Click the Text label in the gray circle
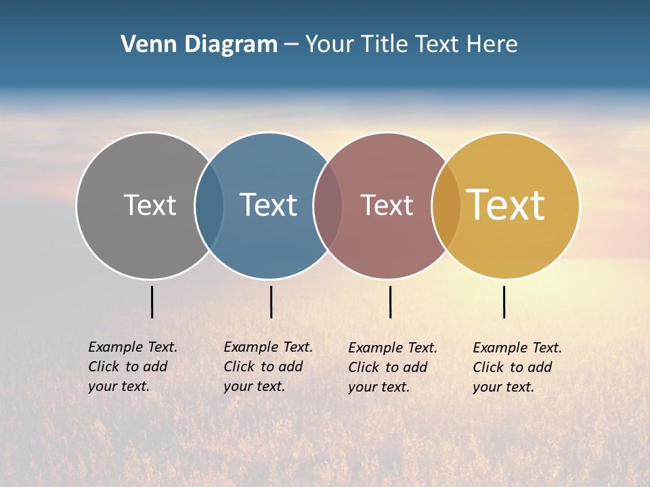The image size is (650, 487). [150, 205]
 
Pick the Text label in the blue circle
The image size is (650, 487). [269, 205]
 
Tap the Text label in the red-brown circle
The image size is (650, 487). [387, 205]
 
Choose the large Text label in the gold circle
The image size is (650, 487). [506, 205]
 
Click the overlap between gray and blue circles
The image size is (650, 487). [209, 206]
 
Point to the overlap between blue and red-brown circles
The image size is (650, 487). [328, 206]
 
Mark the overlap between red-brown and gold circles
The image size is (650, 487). [446, 206]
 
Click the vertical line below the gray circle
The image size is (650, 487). [152, 302]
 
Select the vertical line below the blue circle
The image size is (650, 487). [271, 302]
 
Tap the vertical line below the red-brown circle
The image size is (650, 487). [390, 302]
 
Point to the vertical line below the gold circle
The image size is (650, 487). [504, 302]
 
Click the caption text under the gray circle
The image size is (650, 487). [133, 367]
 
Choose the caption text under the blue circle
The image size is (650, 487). [268, 367]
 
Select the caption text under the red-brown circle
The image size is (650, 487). [393, 367]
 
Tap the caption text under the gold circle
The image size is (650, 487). [517, 367]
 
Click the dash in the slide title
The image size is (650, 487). [291, 45]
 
